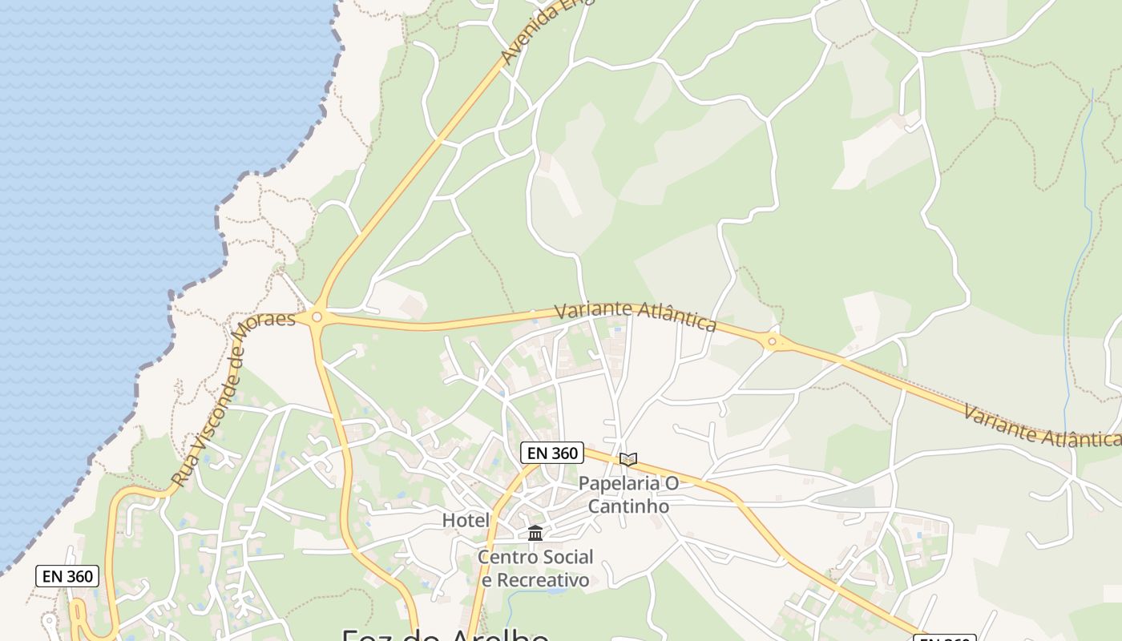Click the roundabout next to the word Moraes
317,317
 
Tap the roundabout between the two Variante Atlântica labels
772,342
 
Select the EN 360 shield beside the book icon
551,453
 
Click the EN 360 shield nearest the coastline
67,575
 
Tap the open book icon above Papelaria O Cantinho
628,459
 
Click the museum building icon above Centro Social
535,533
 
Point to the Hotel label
466,521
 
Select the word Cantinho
628,506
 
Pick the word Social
567,557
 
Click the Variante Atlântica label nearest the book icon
635,315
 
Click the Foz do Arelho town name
446,635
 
